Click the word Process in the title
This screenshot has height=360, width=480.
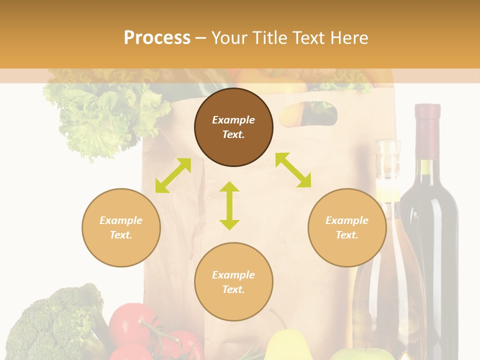157,38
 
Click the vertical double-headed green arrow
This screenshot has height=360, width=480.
229,205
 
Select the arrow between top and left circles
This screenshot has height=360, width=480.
173,175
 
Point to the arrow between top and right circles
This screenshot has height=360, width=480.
293,170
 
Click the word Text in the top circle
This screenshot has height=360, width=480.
233,134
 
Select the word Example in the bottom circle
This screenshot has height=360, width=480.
233,274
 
